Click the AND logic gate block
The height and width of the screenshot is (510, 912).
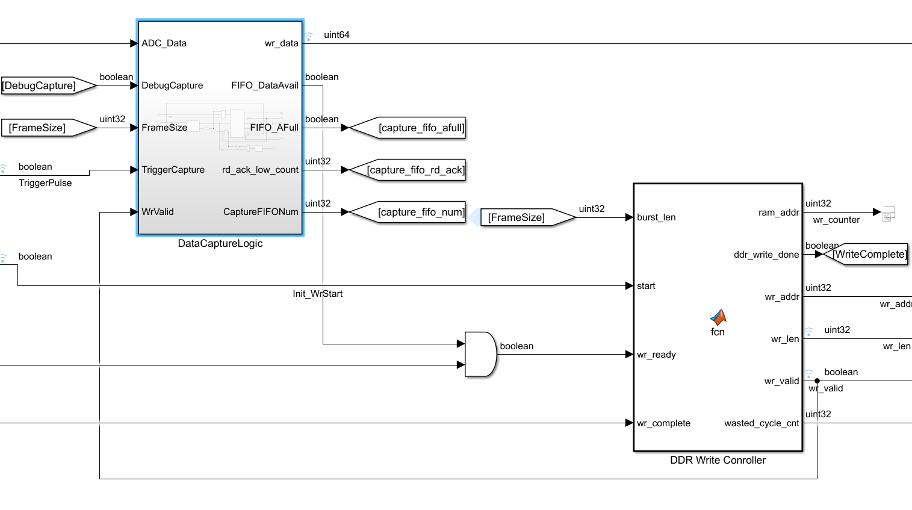(x=480, y=354)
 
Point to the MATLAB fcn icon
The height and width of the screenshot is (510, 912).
(x=718, y=317)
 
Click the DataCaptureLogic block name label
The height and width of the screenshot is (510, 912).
(x=220, y=243)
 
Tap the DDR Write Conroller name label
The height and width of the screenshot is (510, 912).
(x=718, y=460)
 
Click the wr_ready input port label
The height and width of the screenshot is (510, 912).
(x=656, y=355)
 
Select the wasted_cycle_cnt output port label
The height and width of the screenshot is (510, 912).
(x=762, y=423)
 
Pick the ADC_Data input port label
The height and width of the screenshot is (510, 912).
(x=164, y=43)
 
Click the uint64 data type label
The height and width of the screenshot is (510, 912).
(x=337, y=35)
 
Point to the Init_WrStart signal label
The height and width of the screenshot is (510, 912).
(x=317, y=294)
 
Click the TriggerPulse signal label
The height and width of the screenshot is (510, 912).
(x=45, y=183)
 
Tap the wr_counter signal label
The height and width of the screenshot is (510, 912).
(x=836, y=220)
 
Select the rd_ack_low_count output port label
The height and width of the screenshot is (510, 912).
(x=260, y=170)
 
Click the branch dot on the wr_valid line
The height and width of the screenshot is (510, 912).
(x=817, y=381)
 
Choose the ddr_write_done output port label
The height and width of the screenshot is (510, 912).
(x=766, y=255)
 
